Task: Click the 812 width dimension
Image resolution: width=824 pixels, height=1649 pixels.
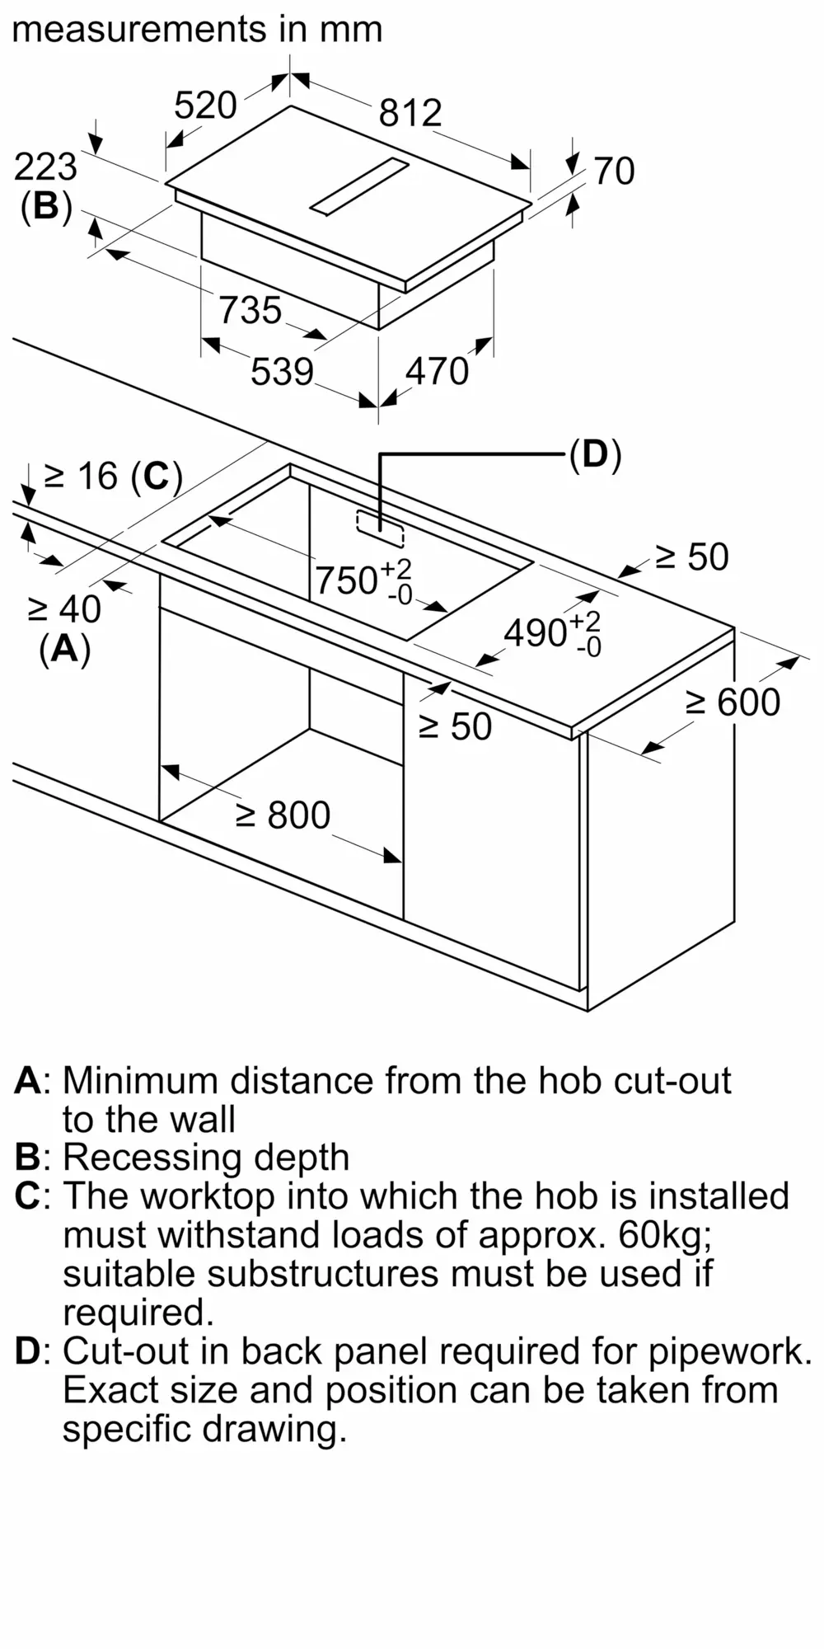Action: pyautogui.click(x=410, y=113)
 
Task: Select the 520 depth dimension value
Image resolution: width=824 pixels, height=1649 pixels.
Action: pyautogui.click(x=206, y=106)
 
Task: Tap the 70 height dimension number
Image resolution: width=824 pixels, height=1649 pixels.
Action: pyautogui.click(x=614, y=171)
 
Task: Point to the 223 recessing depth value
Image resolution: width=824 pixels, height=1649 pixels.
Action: pyautogui.click(x=46, y=167)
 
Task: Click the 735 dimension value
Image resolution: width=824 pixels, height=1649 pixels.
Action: pyautogui.click(x=250, y=311)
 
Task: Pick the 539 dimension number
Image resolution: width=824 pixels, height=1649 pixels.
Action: pyautogui.click(x=283, y=372)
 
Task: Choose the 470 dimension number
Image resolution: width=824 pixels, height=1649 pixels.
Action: pyautogui.click(x=437, y=372)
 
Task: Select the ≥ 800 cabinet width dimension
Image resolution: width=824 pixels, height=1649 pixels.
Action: pyautogui.click(x=283, y=815)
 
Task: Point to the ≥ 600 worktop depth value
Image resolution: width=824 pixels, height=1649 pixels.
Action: pyautogui.click(x=733, y=702)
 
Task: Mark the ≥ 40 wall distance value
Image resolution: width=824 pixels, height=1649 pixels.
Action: pyautogui.click(x=64, y=609)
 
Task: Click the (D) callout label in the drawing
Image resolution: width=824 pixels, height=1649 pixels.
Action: pyautogui.click(x=595, y=454)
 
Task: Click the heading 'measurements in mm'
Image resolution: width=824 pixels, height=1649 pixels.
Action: pyautogui.click(x=198, y=30)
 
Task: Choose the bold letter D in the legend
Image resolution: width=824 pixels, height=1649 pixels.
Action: pyautogui.click(x=27, y=1351)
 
